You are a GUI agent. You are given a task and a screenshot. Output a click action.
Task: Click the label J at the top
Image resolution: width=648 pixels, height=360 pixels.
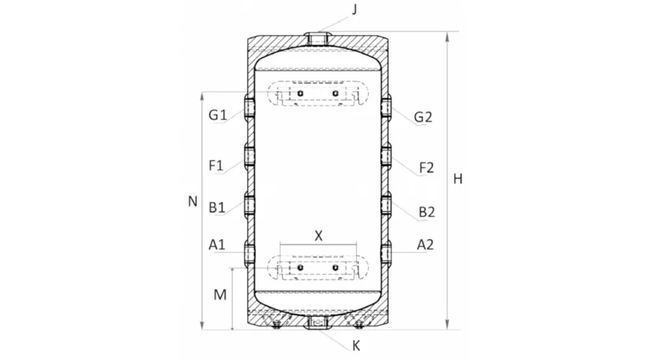click(x=354, y=9)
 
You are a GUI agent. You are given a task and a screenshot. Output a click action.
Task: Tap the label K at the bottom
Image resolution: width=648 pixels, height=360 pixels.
click(x=356, y=346)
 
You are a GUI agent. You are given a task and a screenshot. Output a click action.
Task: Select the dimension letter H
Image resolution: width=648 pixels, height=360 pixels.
click(x=458, y=179)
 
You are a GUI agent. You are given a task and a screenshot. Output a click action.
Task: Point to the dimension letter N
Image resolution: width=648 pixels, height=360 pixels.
click(x=192, y=202)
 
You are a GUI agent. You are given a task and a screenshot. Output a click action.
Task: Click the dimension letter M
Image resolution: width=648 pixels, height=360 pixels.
click(x=220, y=294)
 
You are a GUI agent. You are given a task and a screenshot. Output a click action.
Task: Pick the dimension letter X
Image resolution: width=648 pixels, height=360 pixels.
click(x=318, y=236)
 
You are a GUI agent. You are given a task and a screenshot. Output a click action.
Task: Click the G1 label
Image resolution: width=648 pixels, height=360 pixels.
click(x=217, y=114)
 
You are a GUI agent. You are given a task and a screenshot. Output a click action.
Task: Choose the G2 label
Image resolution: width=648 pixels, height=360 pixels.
click(x=423, y=117)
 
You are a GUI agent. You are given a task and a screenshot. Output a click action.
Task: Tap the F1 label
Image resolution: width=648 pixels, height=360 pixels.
click(x=216, y=166)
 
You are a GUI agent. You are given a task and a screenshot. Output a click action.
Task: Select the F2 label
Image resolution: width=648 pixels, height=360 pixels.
click(x=427, y=168)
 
